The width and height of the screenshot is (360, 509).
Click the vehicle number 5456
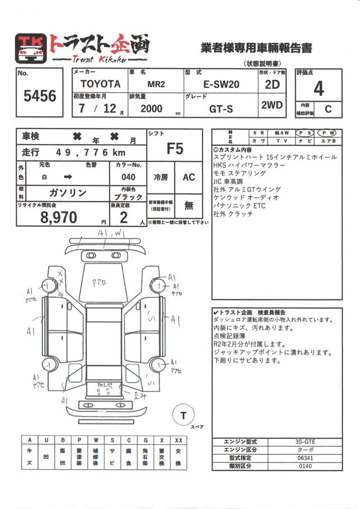(40, 96)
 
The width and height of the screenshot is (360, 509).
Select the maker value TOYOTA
(100, 84)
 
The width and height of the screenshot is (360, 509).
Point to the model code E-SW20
(219, 84)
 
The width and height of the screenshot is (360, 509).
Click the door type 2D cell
(272, 85)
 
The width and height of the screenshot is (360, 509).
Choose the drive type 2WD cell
(272, 105)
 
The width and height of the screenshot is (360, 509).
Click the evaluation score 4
(319, 88)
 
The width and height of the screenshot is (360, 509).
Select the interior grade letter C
(328, 109)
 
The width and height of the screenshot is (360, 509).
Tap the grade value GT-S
(221, 109)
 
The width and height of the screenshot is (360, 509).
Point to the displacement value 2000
(151, 109)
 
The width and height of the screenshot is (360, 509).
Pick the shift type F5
(174, 149)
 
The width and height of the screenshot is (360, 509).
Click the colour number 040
(128, 177)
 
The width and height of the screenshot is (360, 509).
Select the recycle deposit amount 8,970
(58, 218)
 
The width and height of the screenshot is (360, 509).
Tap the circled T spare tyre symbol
(183, 415)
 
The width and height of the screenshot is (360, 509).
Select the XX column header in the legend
(178, 440)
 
